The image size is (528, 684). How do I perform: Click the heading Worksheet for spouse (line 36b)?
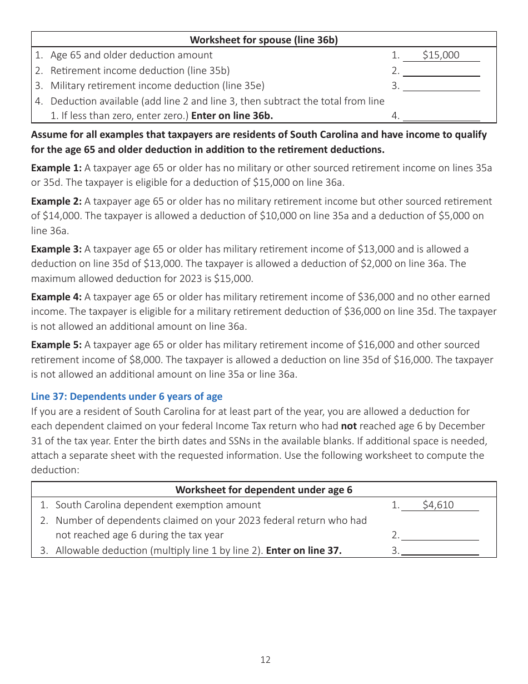click(263, 39)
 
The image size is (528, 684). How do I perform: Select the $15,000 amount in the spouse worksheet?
click(441, 55)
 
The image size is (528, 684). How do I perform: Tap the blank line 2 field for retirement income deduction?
click(441, 71)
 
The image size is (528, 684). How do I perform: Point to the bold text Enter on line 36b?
click(232, 116)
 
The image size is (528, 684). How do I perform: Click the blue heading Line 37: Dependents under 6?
click(127, 396)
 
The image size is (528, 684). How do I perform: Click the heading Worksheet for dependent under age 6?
click(263, 489)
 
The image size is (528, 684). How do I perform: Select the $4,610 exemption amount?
click(438, 505)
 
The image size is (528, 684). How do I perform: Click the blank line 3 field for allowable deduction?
click(440, 551)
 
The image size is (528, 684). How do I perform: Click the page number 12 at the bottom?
click(265, 660)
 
